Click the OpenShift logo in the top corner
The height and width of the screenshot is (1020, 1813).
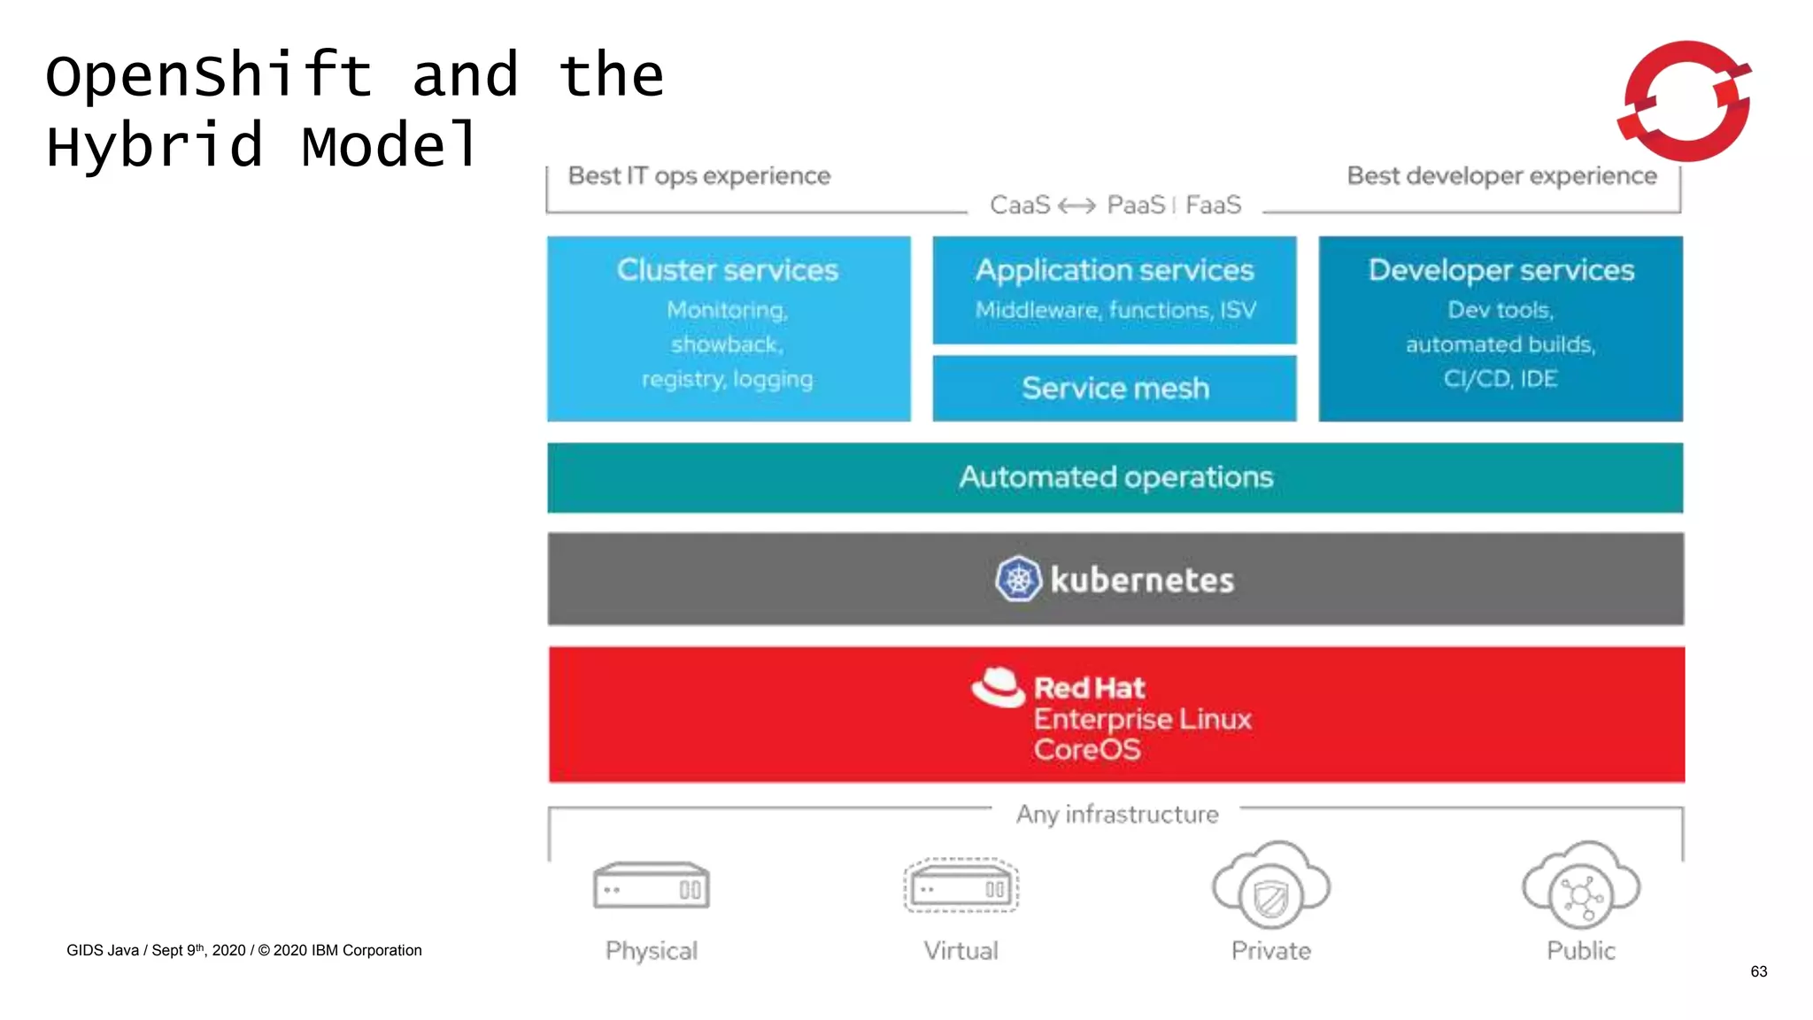[x=1686, y=101]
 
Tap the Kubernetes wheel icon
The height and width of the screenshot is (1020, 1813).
[x=1018, y=580]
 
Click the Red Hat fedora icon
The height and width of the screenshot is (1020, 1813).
[x=998, y=688]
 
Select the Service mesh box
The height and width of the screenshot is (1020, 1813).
[x=1115, y=389]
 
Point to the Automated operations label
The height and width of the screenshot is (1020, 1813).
[x=1115, y=478]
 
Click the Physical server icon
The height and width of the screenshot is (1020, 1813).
[x=651, y=886]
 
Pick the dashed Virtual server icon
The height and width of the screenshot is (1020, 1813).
[x=961, y=886]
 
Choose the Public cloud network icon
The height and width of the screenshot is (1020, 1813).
[x=1581, y=894]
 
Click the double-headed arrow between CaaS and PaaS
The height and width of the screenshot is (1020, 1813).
[x=1077, y=206]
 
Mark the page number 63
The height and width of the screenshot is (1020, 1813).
[x=1758, y=971]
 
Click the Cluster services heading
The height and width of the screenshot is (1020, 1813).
[x=727, y=270]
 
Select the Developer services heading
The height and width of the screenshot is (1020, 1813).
[x=1501, y=270]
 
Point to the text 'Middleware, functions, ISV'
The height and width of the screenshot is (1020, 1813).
[x=1115, y=310]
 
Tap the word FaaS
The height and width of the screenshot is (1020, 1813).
[x=1213, y=205]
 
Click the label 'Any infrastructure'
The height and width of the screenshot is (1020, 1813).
[x=1116, y=815]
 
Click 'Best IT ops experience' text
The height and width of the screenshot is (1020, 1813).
[x=699, y=176]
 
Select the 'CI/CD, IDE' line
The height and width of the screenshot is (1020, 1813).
[x=1501, y=379]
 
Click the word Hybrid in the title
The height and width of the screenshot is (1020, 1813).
[x=155, y=146]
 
